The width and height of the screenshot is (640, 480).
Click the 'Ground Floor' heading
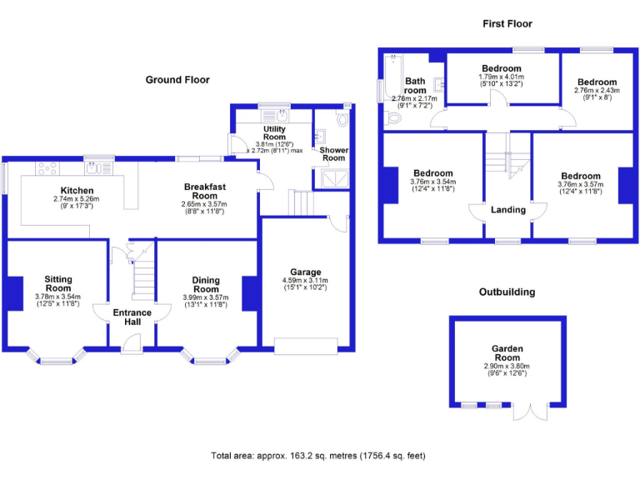pyautogui.click(x=177, y=80)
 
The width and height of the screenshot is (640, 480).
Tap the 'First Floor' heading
pyautogui.click(x=507, y=24)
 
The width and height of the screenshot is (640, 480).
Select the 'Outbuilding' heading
pyautogui.click(x=507, y=292)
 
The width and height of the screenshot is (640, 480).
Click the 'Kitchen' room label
pyautogui.click(x=76, y=191)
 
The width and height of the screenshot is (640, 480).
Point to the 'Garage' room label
pyautogui.click(x=305, y=272)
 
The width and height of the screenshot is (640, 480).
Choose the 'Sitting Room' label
pyautogui.click(x=58, y=283)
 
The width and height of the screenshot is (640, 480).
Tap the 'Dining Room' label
pyautogui.click(x=205, y=284)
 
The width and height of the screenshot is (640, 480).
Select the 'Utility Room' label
pyautogui.click(x=274, y=134)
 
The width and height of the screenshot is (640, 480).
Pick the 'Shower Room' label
pyautogui.click(x=333, y=154)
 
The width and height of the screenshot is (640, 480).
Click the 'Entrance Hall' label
pyautogui.click(x=132, y=317)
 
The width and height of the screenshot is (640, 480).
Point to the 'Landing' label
pyautogui.click(x=508, y=210)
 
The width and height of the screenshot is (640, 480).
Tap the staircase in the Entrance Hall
pyautogui.click(x=144, y=275)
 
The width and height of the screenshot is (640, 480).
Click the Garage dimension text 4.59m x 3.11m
pyautogui.click(x=305, y=281)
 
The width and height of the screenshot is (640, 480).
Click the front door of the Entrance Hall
pyautogui.click(x=132, y=342)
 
